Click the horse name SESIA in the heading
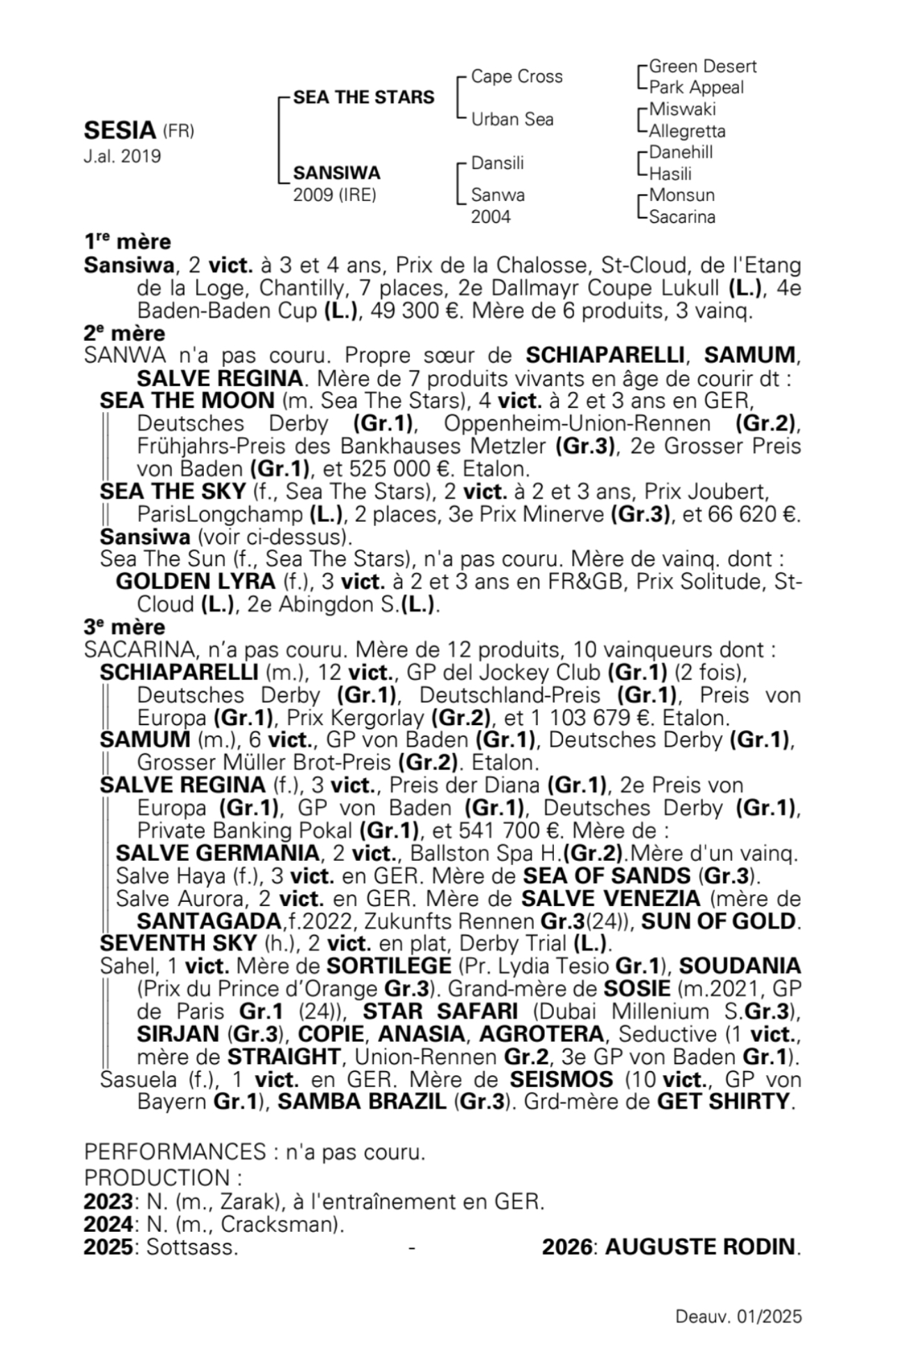[x=120, y=131]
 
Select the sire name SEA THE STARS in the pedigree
[x=363, y=97]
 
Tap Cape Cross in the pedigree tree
[x=516, y=77]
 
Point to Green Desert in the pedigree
[x=702, y=67]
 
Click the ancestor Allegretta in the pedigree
[x=687, y=132]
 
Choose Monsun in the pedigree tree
[x=681, y=195]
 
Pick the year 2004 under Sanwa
[x=491, y=217]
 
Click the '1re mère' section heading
[x=127, y=242]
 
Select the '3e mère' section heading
[x=125, y=627]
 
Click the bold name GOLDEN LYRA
[x=196, y=581]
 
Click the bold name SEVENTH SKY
[x=178, y=944]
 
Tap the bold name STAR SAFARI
[x=440, y=1011]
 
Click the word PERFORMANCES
[x=175, y=1152]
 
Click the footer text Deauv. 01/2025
[x=738, y=1317]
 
